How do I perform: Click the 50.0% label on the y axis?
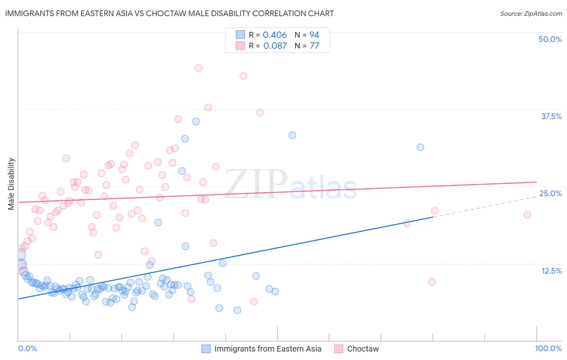click(550, 39)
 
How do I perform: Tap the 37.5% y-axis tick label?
click(551, 116)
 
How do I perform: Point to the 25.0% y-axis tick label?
click(550, 193)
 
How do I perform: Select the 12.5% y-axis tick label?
click(551, 271)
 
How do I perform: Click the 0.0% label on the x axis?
click(27, 348)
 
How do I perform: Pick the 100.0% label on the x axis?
click(548, 348)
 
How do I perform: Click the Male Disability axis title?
click(11, 184)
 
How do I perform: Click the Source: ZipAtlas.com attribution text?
click(531, 13)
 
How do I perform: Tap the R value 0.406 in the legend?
click(275, 35)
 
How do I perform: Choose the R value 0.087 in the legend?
click(275, 46)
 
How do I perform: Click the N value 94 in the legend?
click(314, 35)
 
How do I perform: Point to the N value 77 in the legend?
click(314, 46)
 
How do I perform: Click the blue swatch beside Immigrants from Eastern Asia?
click(206, 349)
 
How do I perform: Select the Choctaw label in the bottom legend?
click(363, 349)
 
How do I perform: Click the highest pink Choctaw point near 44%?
click(198, 68)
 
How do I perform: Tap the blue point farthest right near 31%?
click(420, 147)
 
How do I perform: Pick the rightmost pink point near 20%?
click(527, 215)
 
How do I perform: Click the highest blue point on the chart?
click(196, 121)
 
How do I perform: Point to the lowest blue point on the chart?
click(238, 310)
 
